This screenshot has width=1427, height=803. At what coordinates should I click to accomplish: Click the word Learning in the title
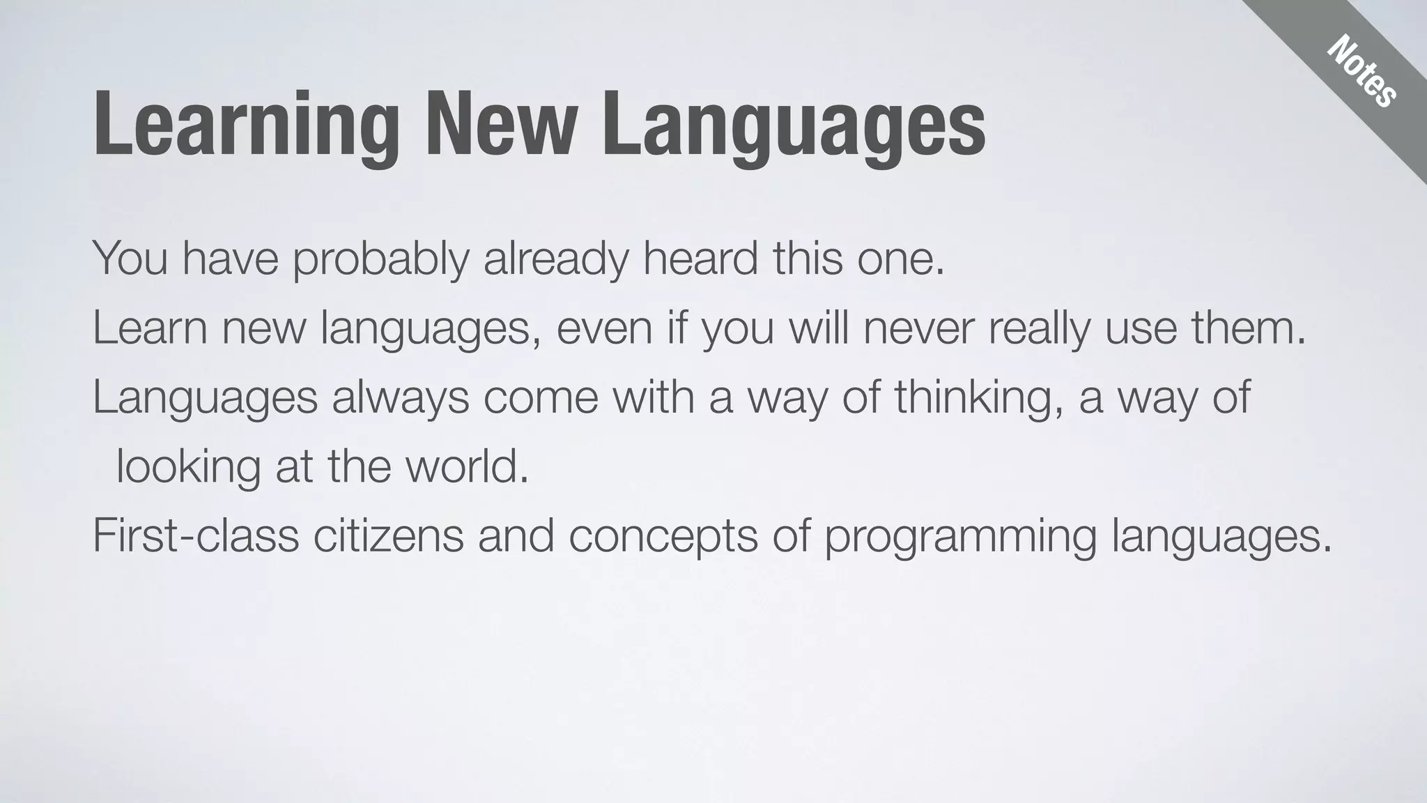[x=247, y=125]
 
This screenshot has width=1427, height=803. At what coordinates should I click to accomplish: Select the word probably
[x=380, y=259]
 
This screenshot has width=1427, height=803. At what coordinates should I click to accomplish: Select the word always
[x=400, y=397]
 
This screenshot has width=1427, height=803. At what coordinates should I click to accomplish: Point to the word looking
[x=188, y=467]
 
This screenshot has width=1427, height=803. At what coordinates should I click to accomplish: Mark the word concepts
[x=663, y=537]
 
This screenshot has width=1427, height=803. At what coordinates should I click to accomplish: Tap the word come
[x=541, y=397]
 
